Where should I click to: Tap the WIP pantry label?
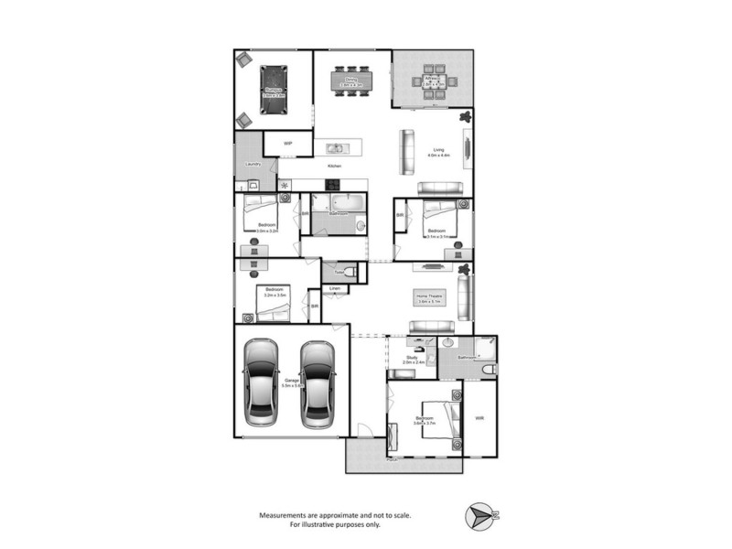coord(287,144)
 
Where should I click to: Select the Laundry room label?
coord(253,165)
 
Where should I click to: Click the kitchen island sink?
coord(334,147)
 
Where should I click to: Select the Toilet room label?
coord(339,272)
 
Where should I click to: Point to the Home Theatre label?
coord(428,297)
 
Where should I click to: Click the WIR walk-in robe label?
coord(479,420)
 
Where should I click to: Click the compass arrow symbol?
coord(479,515)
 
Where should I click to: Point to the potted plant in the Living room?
coord(465,117)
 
